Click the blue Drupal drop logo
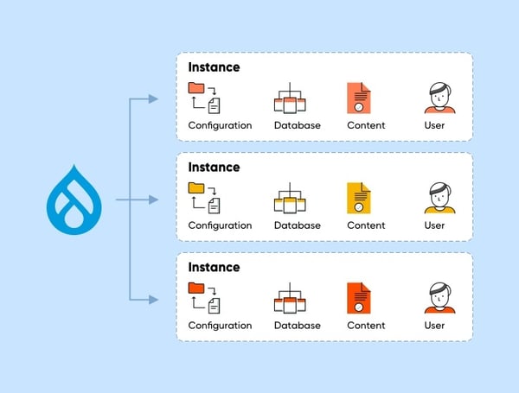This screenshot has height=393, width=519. (x=79, y=201)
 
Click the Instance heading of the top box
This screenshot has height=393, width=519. (x=214, y=67)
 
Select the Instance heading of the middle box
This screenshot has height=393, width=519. (x=214, y=167)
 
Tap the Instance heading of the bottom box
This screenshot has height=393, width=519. (x=214, y=267)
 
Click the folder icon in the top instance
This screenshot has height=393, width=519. (x=196, y=88)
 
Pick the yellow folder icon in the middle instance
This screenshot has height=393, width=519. (x=196, y=188)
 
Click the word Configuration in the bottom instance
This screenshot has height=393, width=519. (x=220, y=326)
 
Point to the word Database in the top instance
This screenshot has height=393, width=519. (x=297, y=125)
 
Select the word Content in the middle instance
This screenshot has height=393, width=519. (x=366, y=225)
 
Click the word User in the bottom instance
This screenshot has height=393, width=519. (x=434, y=326)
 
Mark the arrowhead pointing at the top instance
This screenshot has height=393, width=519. (x=153, y=99)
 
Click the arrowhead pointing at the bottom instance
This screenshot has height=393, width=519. (x=153, y=300)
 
